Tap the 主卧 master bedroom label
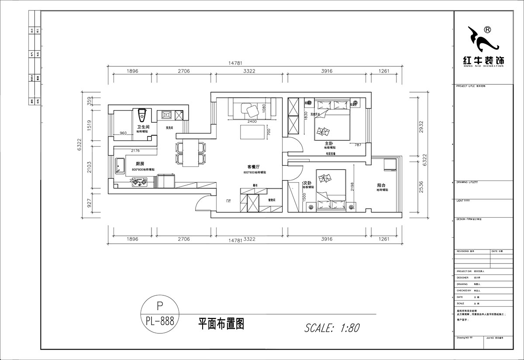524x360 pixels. click(329, 143)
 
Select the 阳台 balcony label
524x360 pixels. click(381, 185)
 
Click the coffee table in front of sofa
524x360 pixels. click(252, 132)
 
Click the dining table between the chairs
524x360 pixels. click(190, 153)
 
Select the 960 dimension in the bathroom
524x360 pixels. click(123, 133)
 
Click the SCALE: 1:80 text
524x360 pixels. click(331, 327)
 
